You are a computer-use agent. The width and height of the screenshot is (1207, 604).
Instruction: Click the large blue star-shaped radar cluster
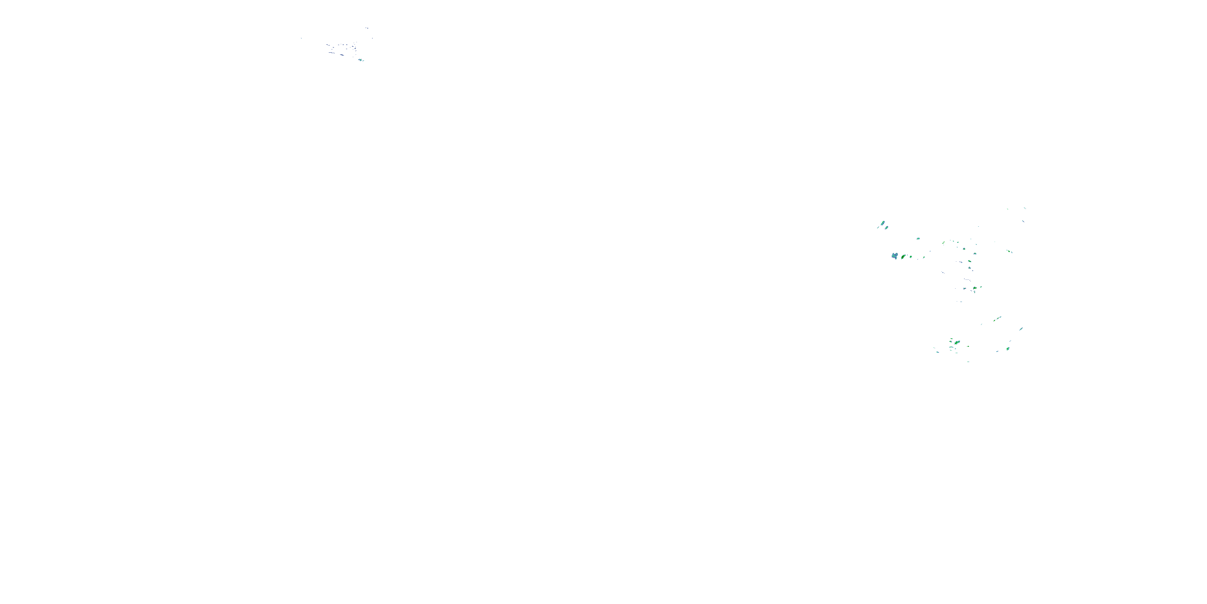point(895,256)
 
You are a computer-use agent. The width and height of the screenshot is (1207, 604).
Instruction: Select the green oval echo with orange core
point(903,256)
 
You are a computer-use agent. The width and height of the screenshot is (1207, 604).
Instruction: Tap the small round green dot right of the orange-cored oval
point(910,256)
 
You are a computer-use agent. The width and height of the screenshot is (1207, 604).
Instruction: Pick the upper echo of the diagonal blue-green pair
point(883,223)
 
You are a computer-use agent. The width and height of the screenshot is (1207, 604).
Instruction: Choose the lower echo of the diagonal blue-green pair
point(886,228)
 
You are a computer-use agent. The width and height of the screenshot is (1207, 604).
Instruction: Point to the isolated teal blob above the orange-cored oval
point(918,239)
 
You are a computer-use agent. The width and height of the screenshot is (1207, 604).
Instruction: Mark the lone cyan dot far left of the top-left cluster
point(301,38)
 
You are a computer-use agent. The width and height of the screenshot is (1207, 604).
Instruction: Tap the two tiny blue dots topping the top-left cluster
point(367,28)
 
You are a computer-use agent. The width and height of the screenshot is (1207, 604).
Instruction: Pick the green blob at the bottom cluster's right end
point(1008,349)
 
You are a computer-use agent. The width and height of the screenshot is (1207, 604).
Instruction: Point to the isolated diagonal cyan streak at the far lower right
point(1021,329)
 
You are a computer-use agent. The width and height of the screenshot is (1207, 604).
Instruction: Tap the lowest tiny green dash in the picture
point(968,361)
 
